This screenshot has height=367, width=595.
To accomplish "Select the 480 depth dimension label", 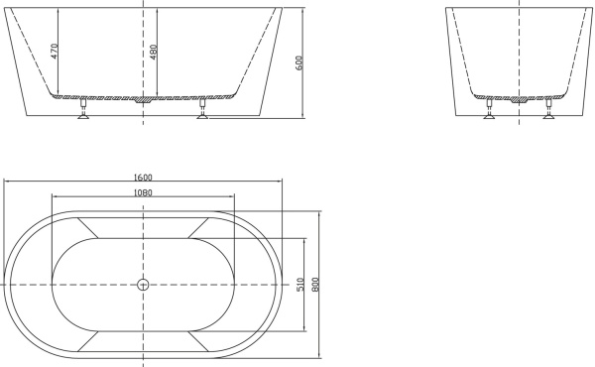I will [x=153, y=51].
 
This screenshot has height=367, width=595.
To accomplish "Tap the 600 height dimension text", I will [x=298, y=62].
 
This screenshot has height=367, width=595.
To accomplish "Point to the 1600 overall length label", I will [x=143, y=178].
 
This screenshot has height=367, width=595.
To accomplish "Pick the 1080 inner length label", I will [x=143, y=191].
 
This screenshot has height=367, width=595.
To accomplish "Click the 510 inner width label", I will [x=299, y=284].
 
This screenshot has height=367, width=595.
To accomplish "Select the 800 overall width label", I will [x=315, y=284].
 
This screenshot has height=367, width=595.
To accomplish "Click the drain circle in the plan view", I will [x=142, y=285].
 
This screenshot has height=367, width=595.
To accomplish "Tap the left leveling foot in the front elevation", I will [x=83, y=111].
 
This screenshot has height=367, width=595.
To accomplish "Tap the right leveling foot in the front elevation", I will [x=204, y=111].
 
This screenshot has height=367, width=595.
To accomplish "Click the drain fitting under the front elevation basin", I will [x=144, y=99].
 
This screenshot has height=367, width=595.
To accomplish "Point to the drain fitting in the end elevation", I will [x=518, y=99].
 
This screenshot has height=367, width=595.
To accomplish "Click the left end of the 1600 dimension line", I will [x=4, y=183].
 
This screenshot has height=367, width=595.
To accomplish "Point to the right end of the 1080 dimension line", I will [x=234, y=196].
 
